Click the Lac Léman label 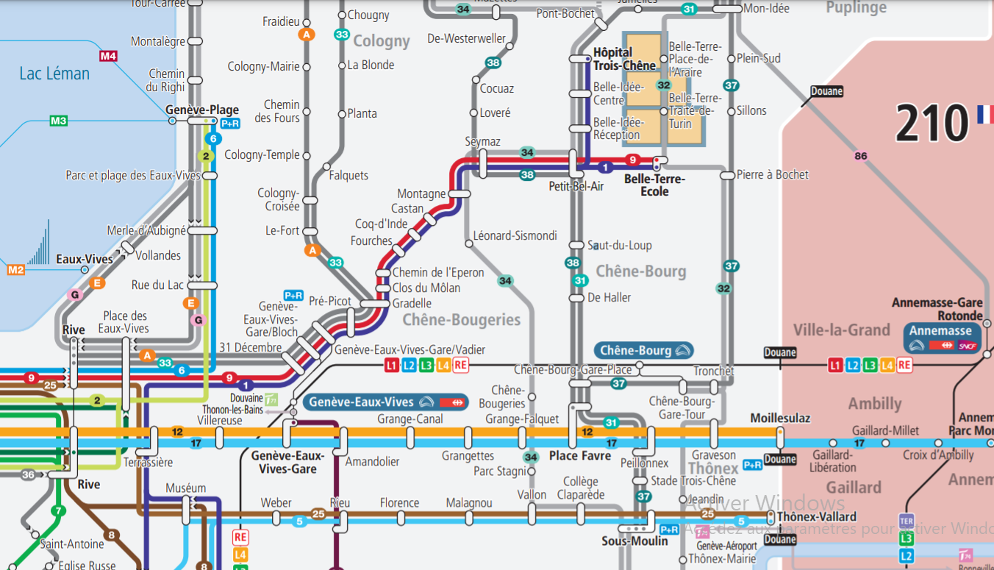pos(54,74)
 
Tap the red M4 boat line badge pos(108,56)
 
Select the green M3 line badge pos(58,121)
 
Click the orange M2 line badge pos(15,270)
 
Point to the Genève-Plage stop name pos(201,110)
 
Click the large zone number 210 pos(932,123)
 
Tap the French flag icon pos(984,114)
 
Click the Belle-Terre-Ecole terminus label pos(654,185)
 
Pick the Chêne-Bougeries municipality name pos(461,320)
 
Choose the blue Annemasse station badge pos(942,338)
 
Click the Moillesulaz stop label pos(779,418)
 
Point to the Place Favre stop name pos(580,456)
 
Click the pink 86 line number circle pos(861,156)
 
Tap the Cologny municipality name pos(381,41)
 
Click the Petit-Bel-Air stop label pos(576,187)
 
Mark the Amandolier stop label pos(372,462)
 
